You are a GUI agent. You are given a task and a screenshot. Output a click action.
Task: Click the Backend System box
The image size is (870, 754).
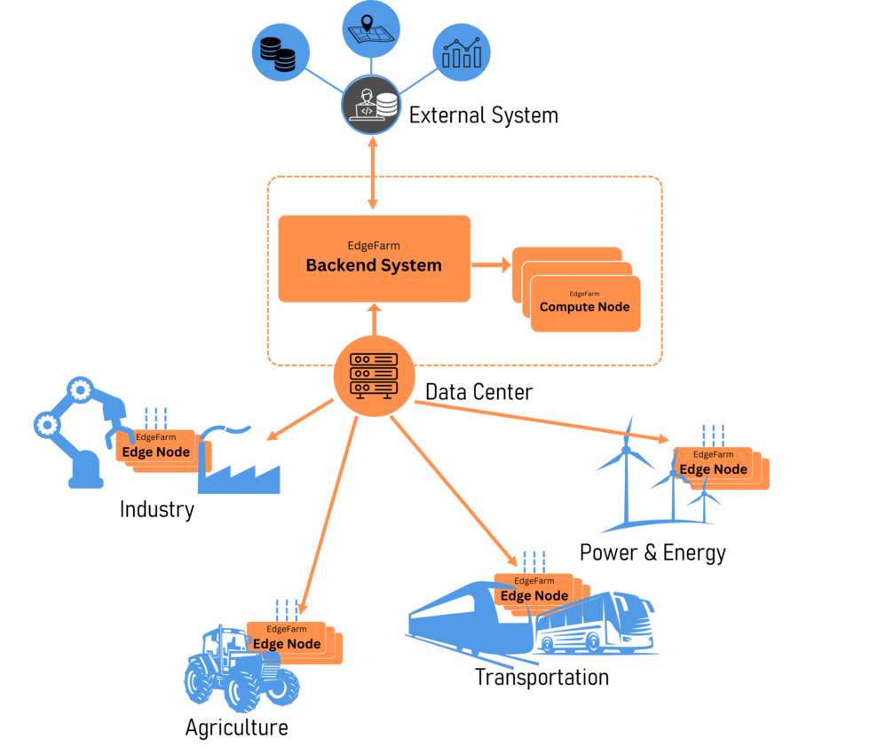(x=374, y=258)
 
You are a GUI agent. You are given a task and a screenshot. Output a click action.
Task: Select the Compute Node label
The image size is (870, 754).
(x=584, y=307)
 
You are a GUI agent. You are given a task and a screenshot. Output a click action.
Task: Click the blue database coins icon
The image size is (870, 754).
(x=281, y=52)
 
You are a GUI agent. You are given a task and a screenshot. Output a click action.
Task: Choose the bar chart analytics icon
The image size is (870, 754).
(x=461, y=52)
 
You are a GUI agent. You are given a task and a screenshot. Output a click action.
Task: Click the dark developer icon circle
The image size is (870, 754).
(x=371, y=106)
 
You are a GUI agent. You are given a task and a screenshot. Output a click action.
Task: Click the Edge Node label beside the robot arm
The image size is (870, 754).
(x=155, y=452)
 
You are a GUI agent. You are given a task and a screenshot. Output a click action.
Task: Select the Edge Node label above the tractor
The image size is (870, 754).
(x=287, y=643)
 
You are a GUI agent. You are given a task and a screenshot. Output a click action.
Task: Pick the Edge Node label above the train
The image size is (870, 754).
(x=534, y=595)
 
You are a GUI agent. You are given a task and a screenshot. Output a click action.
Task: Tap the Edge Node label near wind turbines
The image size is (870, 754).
(x=713, y=468)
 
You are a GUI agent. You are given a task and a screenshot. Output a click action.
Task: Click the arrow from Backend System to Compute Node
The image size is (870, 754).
(x=491, y=263)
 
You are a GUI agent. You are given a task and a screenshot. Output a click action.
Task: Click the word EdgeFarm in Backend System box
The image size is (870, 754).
(x=374, y=246)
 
